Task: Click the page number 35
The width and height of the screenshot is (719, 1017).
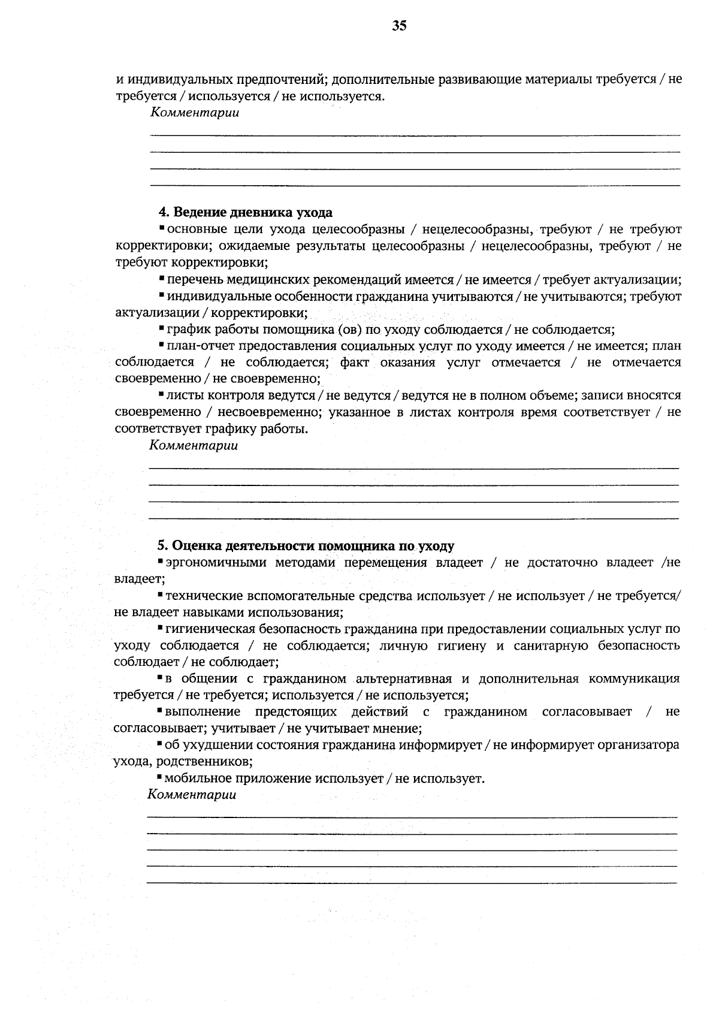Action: pos(400,25)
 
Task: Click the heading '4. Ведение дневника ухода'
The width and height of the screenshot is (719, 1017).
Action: pos(245,213)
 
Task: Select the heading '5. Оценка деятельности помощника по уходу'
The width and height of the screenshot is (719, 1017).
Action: pos(306,546)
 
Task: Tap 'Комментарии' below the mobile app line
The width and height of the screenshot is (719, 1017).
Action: pos(192,795)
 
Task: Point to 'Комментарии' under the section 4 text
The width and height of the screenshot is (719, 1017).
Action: pos(193,445)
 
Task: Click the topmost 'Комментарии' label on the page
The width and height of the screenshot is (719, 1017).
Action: pos(194,112)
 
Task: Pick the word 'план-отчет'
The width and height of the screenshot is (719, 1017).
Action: pos(200,346)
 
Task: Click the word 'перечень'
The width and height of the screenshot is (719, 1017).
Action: pos(192,280)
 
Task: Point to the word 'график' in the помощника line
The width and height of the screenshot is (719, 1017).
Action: pos(185,330)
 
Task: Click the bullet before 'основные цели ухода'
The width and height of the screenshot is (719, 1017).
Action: pos(162,228)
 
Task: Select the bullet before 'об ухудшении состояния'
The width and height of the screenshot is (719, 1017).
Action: pos(159,744)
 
